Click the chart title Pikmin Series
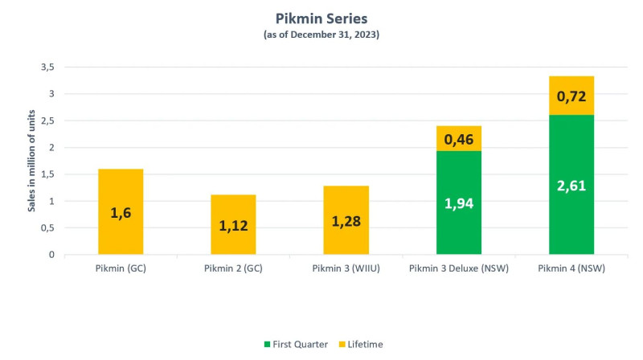click(x=321, y=18)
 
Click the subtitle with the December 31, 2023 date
click(x=321, y=35)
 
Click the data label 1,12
click(x=233, y=226)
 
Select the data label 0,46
click(x=459, y=139)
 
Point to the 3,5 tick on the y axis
click(x=46, y=67)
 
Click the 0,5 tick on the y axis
click(x=46, y=228)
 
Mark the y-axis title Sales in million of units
click(x=31, y=161)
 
